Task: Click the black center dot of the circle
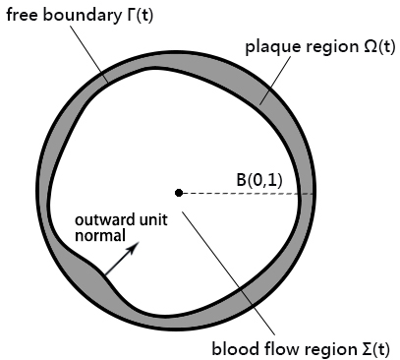178,192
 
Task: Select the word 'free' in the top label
23,14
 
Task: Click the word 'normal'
101,236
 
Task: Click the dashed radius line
246,193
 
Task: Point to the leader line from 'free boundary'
93,55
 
